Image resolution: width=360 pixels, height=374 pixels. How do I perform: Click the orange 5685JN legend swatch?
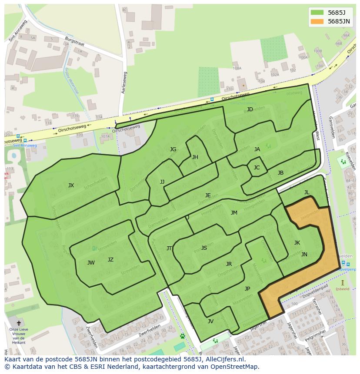coord(317,21)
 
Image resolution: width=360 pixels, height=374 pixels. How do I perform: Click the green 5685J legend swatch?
coord(317,13)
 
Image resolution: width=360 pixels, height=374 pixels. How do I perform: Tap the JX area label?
coord(71,185)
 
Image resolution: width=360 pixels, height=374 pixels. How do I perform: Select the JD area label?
coord(250,109)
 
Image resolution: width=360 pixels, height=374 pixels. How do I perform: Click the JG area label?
coord(173,149)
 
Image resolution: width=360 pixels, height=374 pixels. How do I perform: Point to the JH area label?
coord(195,157)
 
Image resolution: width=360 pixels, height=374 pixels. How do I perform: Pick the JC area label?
coord(257,168)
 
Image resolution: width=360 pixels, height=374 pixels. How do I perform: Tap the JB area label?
coord(280,173)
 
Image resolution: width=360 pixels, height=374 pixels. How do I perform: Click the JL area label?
coord(307,192)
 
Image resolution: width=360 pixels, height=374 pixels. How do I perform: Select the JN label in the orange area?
coord(304,255)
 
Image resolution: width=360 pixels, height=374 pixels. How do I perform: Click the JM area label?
coord(234,213)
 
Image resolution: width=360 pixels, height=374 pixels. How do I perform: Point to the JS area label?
coord(204,248)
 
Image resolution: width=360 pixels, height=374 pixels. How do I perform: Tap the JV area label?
coord(210,321)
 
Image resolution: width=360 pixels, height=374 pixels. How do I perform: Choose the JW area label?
coord(91,263)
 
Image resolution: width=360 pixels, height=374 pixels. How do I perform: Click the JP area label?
coord(247,289)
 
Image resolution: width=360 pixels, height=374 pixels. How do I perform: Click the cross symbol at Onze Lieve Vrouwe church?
coord(18,323)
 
